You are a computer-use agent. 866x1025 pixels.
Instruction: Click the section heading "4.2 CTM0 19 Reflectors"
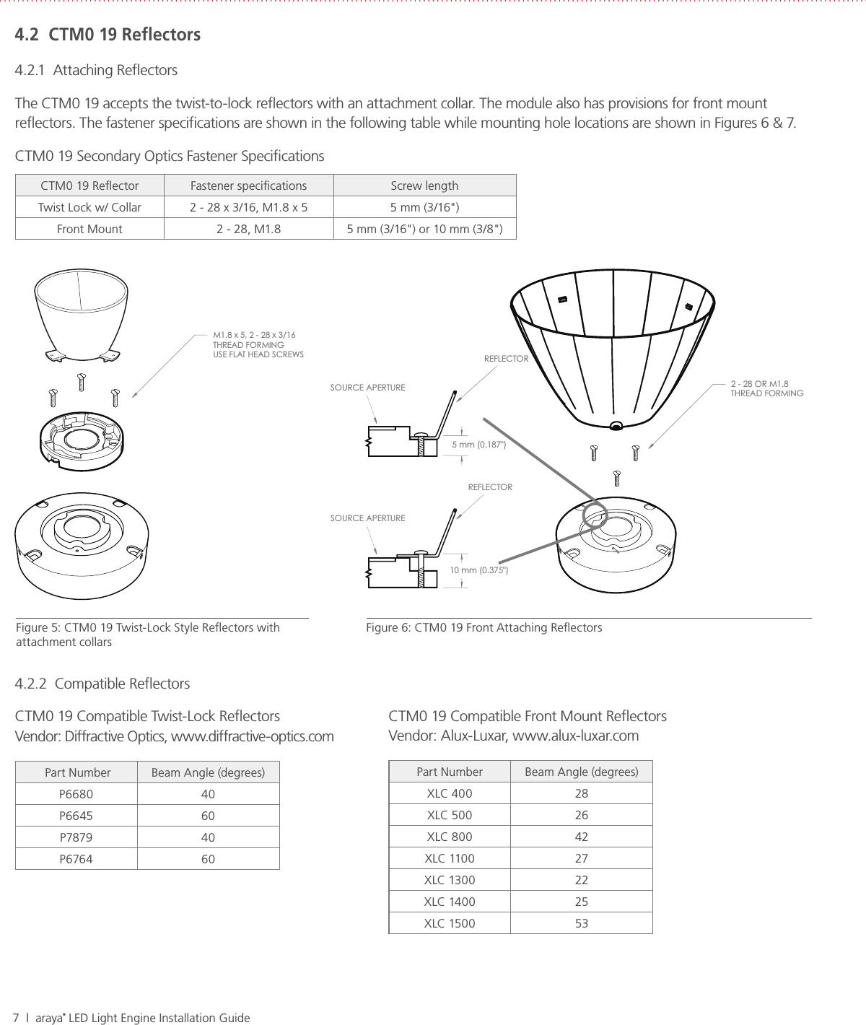[108, 35]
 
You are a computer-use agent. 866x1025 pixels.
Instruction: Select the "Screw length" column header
[424, 186]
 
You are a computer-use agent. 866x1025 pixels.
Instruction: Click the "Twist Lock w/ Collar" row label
[89, 207]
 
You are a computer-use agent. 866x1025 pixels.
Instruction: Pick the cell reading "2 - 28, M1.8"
[249, 229]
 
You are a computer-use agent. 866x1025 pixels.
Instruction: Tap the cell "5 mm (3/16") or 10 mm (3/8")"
[425, 229]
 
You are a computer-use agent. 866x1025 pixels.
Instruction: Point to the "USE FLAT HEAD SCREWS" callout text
[258, 354]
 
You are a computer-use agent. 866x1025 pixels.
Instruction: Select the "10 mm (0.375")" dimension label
[479, 570]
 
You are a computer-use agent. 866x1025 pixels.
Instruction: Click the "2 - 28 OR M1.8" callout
[759, 383]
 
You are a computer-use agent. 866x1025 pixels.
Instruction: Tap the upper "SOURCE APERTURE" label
[367, 388]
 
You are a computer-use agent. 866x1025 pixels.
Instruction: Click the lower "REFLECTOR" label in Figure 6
[490, 487]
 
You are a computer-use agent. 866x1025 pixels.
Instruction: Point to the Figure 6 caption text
[484, 627]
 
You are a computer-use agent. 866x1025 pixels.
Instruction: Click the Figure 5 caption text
[147, 634]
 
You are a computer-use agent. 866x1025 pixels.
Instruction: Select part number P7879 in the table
[76, 837]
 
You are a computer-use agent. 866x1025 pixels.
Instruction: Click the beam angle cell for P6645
[208, 816]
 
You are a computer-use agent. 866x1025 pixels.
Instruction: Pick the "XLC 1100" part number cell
[450, 858]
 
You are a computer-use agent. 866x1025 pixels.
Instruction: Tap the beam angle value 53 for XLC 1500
[581, 923]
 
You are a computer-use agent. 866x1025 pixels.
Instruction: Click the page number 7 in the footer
[16, 1018]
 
